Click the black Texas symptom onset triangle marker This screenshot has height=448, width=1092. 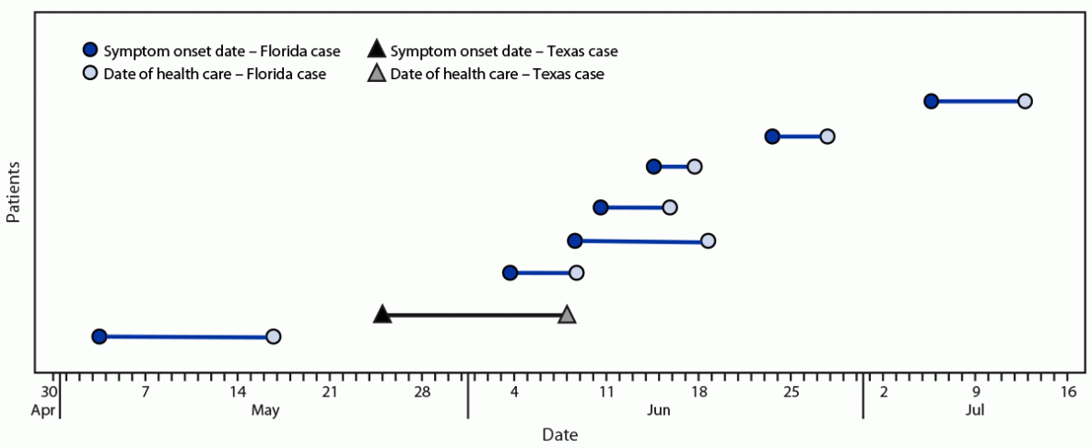(382, 314)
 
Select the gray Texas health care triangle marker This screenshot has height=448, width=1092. (567, 314)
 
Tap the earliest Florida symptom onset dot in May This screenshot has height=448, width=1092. (100, 336)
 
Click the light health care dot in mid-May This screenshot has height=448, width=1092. (273, 336)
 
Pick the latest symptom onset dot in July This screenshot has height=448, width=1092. (931, 100)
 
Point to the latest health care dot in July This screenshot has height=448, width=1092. (1025, 100)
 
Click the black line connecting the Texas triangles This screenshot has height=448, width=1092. (475, 314)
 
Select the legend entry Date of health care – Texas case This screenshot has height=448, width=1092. (497, 74)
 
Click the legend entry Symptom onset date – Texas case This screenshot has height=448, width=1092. (503, 51)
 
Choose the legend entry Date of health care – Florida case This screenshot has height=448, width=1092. (215, 74)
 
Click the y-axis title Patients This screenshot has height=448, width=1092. (15, 193)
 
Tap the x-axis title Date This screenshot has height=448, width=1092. (560, 433)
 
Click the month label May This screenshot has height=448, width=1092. (264, 409)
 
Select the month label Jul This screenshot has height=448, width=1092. (975, 409)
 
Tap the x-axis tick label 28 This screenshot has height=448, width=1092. (422, 392)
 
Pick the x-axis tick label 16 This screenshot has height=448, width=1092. (1068, 392)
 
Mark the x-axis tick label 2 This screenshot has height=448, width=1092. (883, 392)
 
